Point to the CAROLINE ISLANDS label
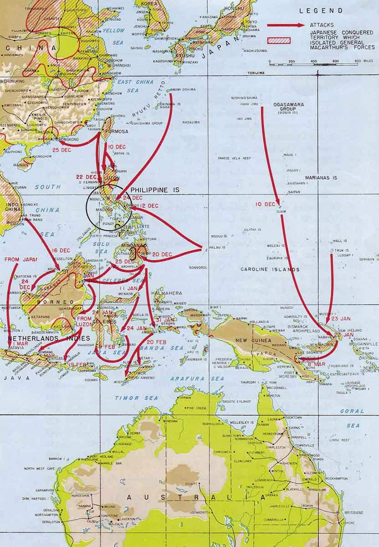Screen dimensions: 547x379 (x=270, y=269)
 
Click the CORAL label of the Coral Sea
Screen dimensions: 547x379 (x=352, y=411)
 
